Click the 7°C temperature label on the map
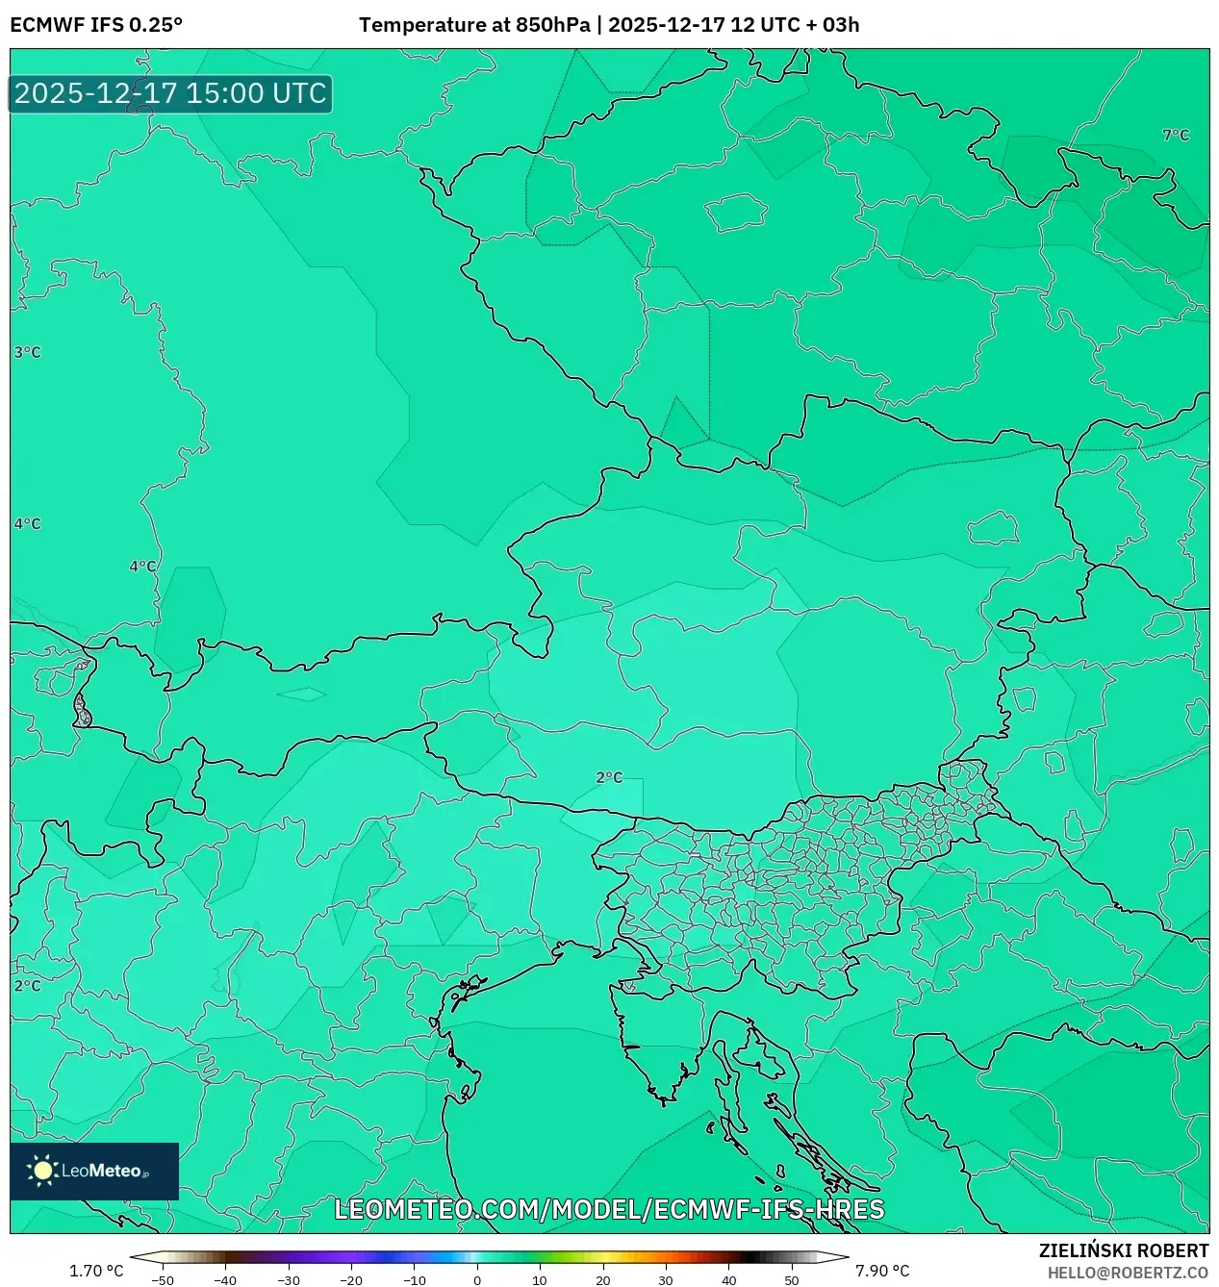pyautogui.click(x=1176, y=136)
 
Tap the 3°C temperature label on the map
pyautogui.click(x=27, y=353)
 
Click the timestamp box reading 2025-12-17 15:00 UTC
pyautogui.click(x=170, y=94)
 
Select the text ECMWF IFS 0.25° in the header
pyautogui.click(x=96, y=25)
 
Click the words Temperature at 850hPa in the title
pyautogui.click(x=474, y=25)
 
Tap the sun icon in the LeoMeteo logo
pyautogui.click(x=42, y=1171)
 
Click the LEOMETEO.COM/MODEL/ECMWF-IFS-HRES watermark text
pyautogui.click(x=609, y=1210)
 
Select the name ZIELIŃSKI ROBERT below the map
pyautogui.click(x=1123, y=1251)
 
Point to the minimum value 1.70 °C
pyautogui.click(x=96, y=1272)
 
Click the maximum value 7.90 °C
pyautogui.click(x=882, y=1272)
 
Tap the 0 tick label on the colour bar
pyautogui.click(x=477, y=1280)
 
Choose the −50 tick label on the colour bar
pyautogui.click(x=163, y=1280)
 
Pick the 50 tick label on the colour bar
pyautogui.click(x=792, y=1280)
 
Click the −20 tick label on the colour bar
pyautogui.click(x=351, y=1280)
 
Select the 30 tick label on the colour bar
pyautogui.click(x=666, y=1280)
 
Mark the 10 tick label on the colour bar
pyautogui.click(x=540, y=1280)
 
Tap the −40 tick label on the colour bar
pyautogui.click(x=225, y=1280)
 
